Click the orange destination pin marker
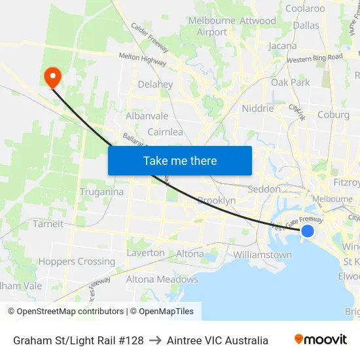point(52,77)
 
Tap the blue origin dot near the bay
point(307,230)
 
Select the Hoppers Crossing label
point(77,261)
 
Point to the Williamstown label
point(262,255)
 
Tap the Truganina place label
point(101,192)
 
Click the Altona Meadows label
point(162,279)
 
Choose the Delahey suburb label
point(155,84)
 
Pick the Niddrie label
point(257,109)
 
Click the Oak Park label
point(291,82)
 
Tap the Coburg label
point(333,115)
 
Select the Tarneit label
point(48,224)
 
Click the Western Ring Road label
point(314,58)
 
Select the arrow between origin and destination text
point(155,340)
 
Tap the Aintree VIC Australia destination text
point(217,340)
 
